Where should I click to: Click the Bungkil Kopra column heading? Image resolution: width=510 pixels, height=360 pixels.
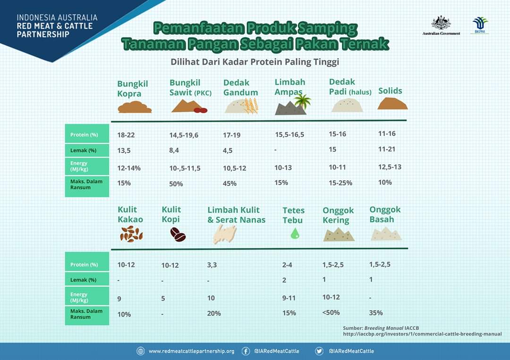133,88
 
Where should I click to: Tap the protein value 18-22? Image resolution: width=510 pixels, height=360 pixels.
126,135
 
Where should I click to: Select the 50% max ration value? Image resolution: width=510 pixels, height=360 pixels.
176,184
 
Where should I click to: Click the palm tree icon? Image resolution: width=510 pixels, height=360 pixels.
302,101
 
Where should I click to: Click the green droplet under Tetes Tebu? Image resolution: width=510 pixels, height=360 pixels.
295,233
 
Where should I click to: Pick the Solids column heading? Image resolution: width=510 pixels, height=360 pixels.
390,91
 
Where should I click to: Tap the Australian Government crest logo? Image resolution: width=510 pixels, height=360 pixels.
441,23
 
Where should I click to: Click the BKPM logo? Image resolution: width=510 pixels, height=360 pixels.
480,25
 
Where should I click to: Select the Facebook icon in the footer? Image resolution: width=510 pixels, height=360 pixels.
246,351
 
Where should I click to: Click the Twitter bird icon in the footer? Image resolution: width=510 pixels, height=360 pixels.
319,351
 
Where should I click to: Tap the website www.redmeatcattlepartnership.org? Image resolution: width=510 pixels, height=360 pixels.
191,351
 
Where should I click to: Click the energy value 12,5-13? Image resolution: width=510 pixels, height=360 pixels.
390,167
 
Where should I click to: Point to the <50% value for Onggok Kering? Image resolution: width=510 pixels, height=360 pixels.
331,312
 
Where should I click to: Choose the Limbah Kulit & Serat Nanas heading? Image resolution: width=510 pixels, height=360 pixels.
237,215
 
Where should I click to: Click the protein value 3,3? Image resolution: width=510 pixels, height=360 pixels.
212,265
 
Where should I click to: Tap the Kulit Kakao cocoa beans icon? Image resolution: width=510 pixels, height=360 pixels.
131,234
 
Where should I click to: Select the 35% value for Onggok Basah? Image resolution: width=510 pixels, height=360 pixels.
376,313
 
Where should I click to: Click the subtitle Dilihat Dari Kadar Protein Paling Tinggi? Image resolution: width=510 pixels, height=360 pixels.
255,62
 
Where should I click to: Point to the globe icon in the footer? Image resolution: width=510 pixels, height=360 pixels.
141,351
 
